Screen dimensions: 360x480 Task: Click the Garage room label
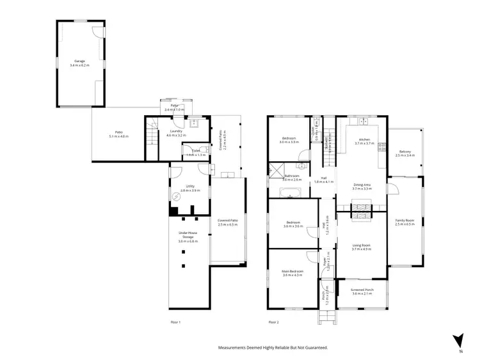[x=79, y=61]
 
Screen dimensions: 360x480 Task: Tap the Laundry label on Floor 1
[x=176, y=132]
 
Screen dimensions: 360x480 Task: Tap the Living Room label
[x=362, y=244]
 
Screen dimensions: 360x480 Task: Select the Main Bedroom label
[x=292, y=272]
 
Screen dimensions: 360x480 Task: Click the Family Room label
[x=405, y=221]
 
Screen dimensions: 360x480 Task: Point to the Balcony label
[x=405, y=152]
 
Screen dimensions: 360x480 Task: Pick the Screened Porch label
[x=362, y=290]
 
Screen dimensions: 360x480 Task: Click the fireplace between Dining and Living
[x=362, y=207]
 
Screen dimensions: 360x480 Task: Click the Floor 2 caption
[x=274, y=322]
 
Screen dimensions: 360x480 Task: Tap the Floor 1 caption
[x=176, y=322]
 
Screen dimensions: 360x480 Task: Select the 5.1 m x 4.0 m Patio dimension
[x=119, y=137]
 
